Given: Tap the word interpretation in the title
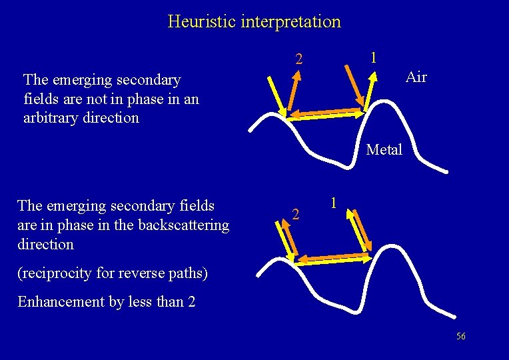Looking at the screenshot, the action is [x=291, y=21].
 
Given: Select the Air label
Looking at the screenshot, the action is [x=416, y=77].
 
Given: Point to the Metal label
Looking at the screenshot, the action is [x=384, y=149].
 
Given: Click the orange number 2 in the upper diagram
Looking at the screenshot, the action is [x=300, y=60].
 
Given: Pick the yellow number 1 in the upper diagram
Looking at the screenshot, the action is [x=374, y=58].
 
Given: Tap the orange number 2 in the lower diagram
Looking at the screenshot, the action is [x=297, y=215].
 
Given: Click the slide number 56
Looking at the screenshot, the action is [x=461, y=336].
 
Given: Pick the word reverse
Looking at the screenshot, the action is [x=153, y=273].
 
